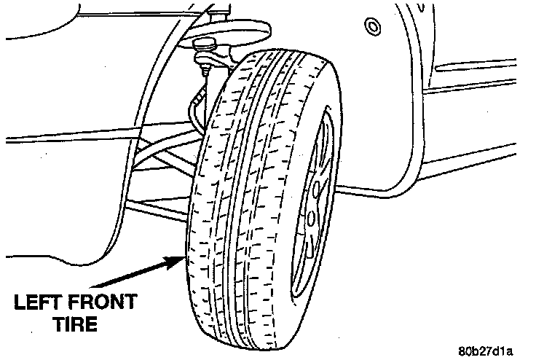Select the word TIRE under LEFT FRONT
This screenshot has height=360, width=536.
[x=76, y=324]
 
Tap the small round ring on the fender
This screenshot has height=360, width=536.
[x=371, y=27]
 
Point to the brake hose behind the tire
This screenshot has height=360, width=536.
[x=195, y=109]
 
